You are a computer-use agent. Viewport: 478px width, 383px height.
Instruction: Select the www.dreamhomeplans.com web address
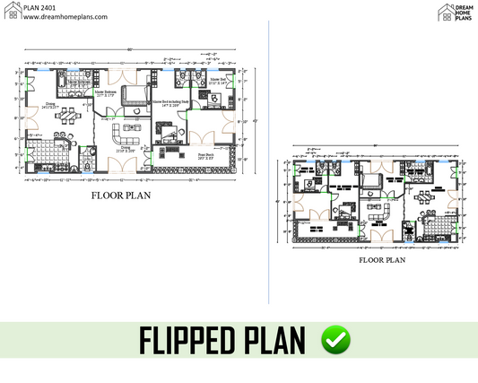pyautogui.click(x=54, y=17)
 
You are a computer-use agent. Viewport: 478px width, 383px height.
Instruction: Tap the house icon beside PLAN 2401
pyautogui.click(x=10, y=12)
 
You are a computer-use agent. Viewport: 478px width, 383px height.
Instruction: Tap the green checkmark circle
pyautogui.click(x=336, y=339)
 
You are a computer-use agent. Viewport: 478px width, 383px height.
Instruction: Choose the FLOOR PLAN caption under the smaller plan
pyautogui.click(x=381, y=260)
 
